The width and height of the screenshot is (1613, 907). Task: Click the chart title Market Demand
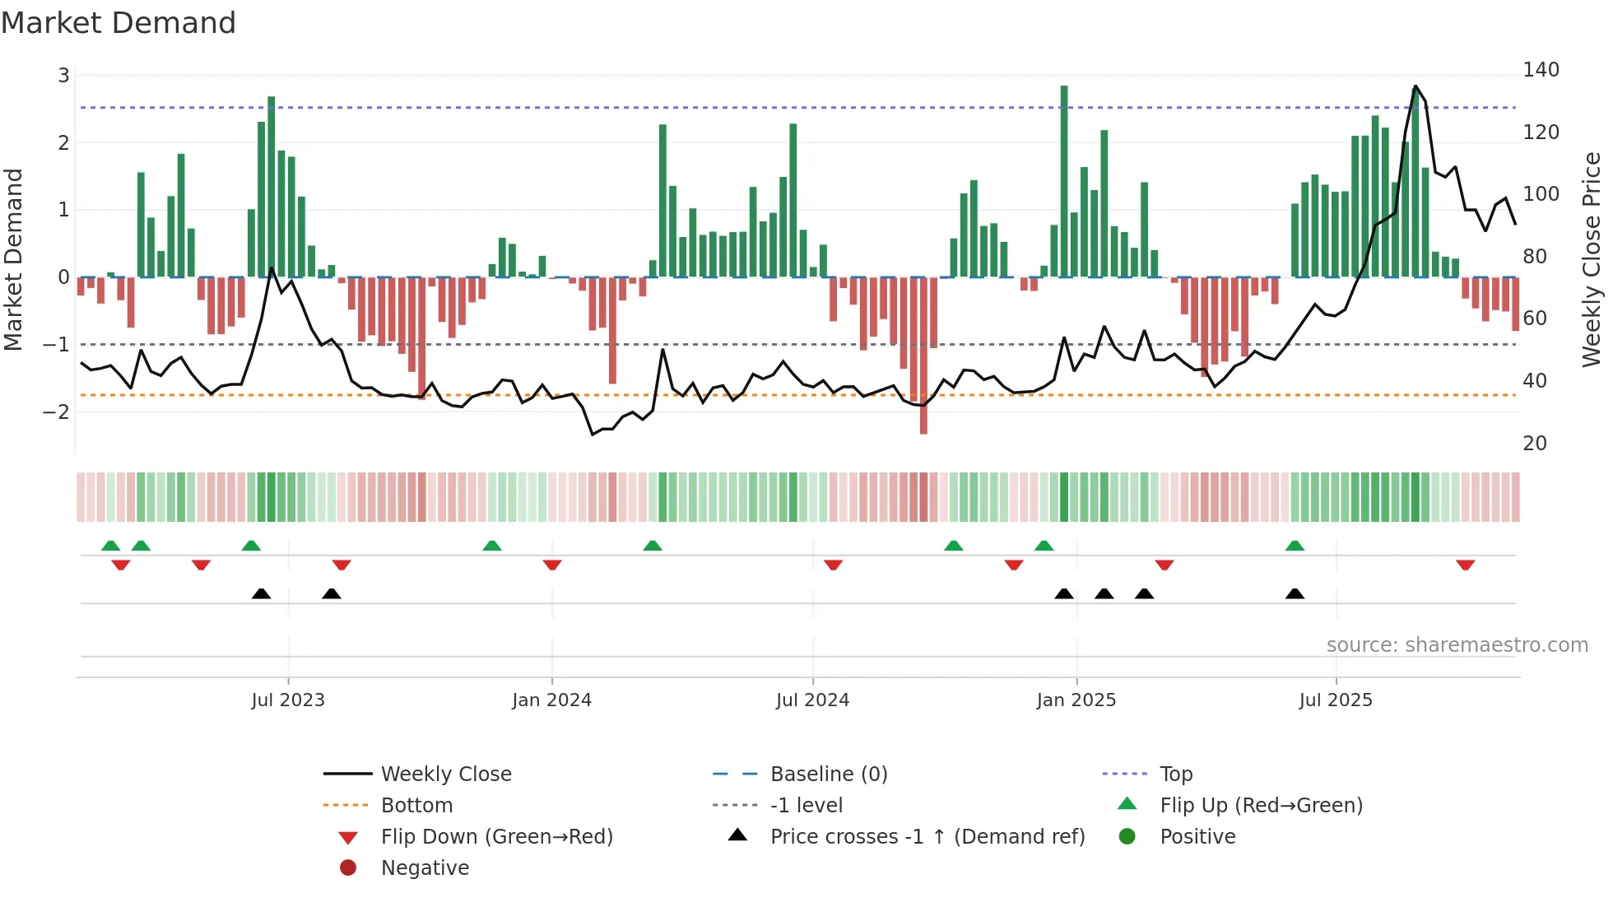coord(119,22)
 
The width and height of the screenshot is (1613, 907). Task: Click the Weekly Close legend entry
coord(445,774)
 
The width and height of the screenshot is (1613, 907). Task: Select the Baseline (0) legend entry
coord(828,774)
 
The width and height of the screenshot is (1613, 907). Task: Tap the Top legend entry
coord(1176,774)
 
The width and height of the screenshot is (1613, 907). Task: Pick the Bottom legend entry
coord(416,805)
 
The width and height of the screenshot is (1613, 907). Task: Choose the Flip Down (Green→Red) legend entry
coord(496,836)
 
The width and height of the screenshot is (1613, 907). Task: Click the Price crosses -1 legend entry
coord(927,836)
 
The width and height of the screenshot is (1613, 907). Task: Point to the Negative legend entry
coord(425,867)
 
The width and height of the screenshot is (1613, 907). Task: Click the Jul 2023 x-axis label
coord(288,700)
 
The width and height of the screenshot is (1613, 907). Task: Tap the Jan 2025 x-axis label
coord(1076,700)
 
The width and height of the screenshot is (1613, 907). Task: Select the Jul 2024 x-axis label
coord(812,700)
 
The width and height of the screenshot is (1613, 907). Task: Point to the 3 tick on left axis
coord(63,76)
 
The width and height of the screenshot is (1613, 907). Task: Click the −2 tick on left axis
coord(57,412)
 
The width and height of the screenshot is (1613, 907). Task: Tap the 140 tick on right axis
coord(1541,70)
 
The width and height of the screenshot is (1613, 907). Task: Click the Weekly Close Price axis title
coord(1592,259)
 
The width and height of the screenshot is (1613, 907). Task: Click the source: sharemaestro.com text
coord(1457,644)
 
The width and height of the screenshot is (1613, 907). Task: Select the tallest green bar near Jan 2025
coord(1064,181)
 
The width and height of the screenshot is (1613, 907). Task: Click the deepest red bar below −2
coord(923,362)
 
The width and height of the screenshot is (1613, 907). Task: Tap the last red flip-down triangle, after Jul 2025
coord(1465,565)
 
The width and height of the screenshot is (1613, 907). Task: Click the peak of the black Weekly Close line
coord(1415,86)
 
